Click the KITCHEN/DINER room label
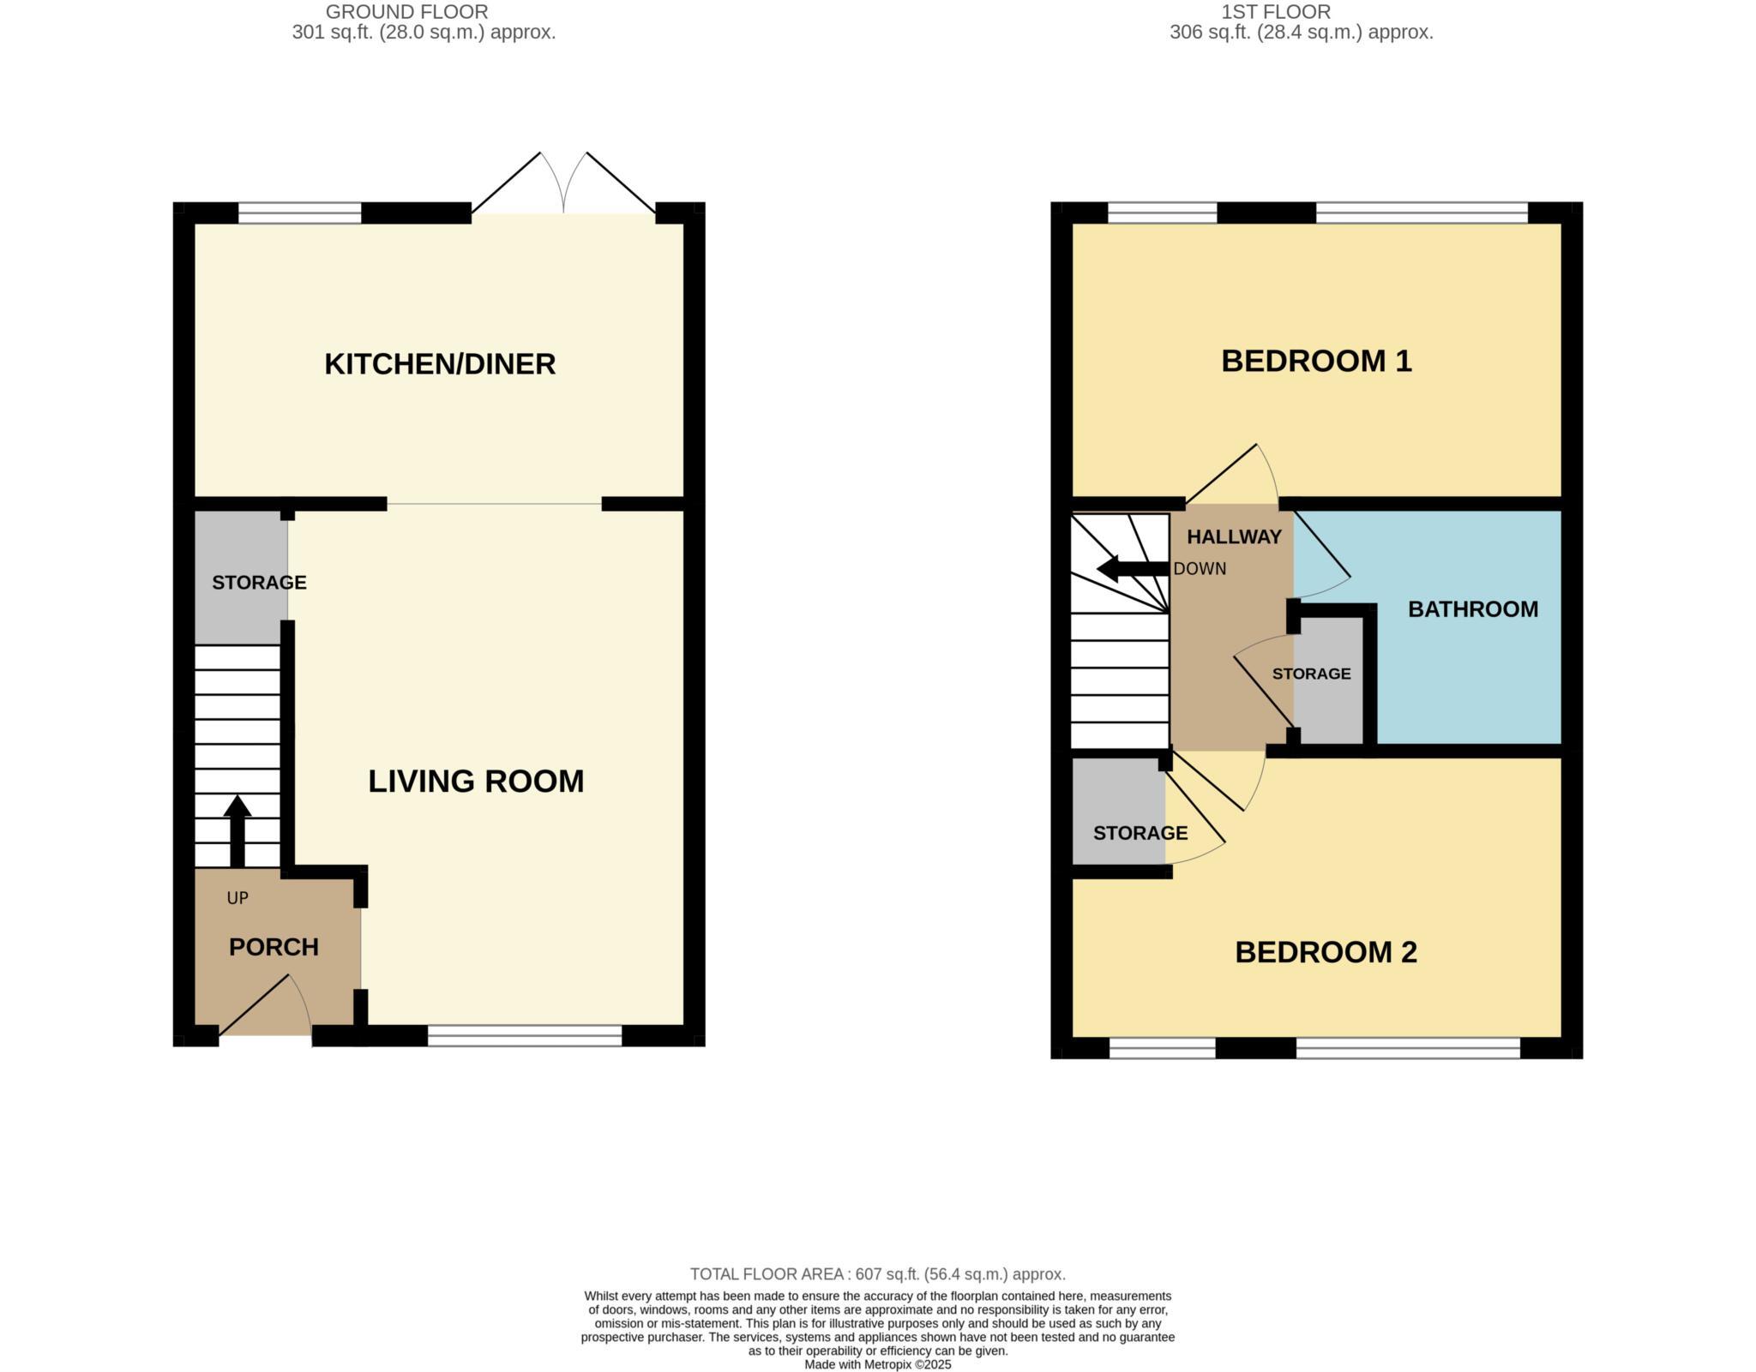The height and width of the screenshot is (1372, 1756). tap(440, 364)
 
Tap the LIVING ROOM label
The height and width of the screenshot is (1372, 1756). tap(476, 781)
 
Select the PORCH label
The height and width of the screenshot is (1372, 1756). tap(274, 947)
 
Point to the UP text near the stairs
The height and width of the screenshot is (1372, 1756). tap(238, 898)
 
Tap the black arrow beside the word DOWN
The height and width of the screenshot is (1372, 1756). tap(1132, 569)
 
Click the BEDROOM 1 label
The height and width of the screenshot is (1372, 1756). tap(1316, 361)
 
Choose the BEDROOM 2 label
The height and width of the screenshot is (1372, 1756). tap(1326, 952)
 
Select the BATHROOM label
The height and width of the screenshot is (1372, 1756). tap(1473, 609)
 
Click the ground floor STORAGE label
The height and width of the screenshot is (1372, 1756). tap(259, 583)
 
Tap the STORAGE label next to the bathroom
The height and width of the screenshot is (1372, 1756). tap(1311, 674)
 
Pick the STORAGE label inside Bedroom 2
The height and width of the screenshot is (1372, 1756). tap(1140, 833)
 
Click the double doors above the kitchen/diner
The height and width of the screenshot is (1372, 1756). tap(563, 184)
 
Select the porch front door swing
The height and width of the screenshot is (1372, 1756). tap(266, 1007)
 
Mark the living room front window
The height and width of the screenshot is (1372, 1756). tap(525, 1036)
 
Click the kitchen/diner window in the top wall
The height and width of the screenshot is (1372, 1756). tap(299, 213)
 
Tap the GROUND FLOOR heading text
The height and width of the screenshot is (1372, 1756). tap(406, 12)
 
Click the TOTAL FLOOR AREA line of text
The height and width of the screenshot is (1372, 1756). tap(877, 1274)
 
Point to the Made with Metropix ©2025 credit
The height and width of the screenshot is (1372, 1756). tap(877, 1364)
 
